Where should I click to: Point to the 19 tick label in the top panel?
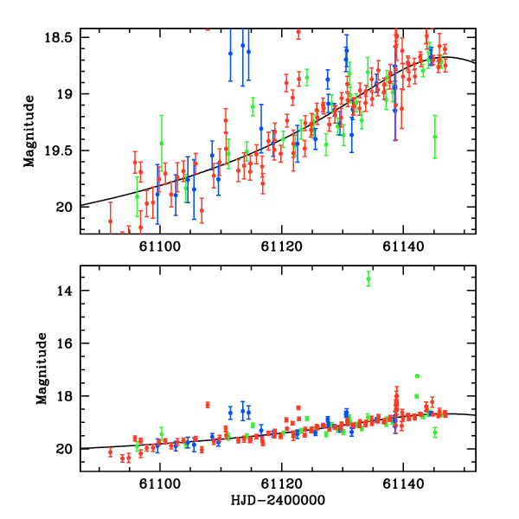(x=67, y=94)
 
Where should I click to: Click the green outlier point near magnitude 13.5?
(x=368, y=279)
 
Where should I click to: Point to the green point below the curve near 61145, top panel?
(x=435, y=136)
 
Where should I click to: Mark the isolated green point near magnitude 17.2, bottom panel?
(x=417, y=376)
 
